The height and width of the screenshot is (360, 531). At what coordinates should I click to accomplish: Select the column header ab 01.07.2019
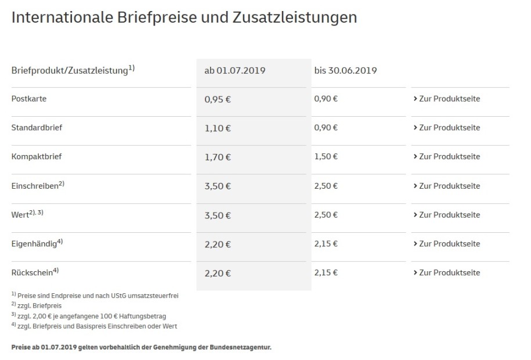point(234,71)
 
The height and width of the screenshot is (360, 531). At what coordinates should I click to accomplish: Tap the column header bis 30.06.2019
point(346,71)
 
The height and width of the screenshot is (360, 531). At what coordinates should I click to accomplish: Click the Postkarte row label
point(29,99)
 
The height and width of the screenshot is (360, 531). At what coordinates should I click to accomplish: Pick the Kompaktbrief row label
point(37,157)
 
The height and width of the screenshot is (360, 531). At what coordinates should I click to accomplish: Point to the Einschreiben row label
point(35,186)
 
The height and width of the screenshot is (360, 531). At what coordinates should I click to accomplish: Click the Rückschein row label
point(33,273)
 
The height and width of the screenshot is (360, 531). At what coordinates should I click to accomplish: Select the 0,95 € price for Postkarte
point(218,99)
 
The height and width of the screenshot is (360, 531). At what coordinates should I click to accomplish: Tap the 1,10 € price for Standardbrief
point(218,128)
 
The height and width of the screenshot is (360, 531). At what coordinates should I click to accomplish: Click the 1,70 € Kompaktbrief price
point(218,157)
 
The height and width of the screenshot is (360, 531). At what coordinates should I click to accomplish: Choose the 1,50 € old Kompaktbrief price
point(326,157)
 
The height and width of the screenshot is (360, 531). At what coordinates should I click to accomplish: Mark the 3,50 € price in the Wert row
point(218,215)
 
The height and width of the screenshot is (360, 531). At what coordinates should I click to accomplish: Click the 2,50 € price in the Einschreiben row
point(326,186)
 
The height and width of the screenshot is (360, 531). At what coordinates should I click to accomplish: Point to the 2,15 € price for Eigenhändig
point(326,244)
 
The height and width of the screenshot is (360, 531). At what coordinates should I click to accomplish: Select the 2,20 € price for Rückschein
point(218,273)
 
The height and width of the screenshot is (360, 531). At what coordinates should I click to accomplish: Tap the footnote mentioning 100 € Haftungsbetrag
point(93,316)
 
